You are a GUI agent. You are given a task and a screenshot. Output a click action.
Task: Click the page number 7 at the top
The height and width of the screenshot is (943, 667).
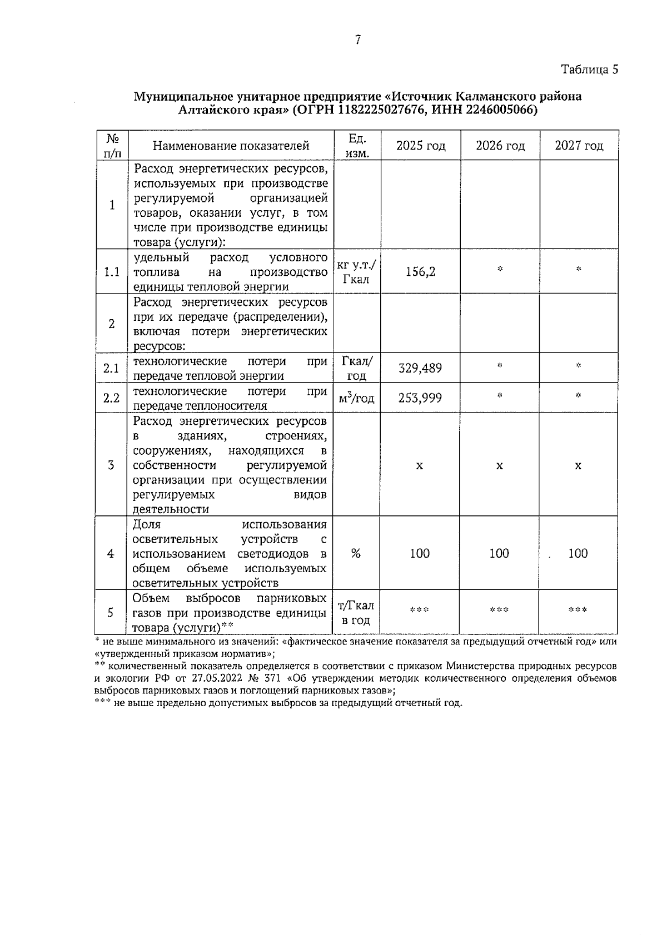358,40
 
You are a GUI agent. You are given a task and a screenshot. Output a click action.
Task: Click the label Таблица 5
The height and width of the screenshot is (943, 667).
589,70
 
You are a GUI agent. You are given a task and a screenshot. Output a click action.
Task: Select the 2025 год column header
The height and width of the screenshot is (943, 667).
421,146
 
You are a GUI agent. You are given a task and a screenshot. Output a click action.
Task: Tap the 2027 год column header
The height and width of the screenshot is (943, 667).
579,146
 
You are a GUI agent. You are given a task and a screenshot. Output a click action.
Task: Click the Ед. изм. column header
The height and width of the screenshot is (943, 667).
357,146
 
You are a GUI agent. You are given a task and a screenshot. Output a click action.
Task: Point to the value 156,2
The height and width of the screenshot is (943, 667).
421,272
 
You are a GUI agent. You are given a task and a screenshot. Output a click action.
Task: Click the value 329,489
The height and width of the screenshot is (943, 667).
421,368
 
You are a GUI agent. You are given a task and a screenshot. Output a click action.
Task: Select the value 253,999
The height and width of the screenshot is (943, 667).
421,398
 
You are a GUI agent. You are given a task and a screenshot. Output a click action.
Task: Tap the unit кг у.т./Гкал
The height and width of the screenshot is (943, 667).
357,272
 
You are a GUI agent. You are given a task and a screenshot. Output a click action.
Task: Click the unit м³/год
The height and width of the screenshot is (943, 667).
357,398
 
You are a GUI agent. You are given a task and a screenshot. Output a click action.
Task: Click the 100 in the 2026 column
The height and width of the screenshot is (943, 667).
499,553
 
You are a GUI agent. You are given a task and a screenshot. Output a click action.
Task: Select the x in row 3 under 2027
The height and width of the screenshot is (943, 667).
578,465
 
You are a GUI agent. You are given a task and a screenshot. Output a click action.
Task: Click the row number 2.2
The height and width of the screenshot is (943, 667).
112,398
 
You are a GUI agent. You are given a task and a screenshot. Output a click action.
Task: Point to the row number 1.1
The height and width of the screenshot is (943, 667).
112,272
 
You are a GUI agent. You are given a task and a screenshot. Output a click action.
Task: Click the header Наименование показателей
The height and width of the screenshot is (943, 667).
231,146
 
